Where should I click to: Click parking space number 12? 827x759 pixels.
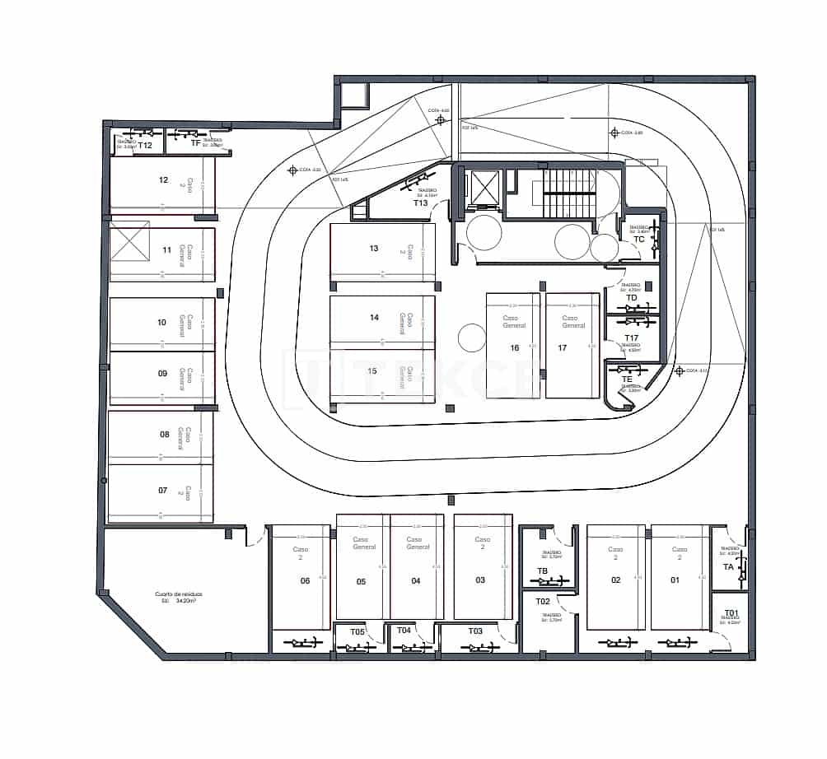(163, 179)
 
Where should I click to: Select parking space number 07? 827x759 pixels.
(163, 491)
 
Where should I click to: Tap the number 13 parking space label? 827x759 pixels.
(374, 249)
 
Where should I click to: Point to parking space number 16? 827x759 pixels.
(515, 348)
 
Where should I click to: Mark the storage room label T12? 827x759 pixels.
(145, 146)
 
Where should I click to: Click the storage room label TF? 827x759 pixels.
(195, 143)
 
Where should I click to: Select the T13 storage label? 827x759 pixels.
(421, 203)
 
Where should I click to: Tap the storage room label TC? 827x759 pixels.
(638, 240)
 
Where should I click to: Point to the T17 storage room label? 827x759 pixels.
(631, 338)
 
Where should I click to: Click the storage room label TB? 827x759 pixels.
(542, 570)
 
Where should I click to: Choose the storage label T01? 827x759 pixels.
(730, 612)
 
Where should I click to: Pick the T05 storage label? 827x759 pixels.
(357, 631)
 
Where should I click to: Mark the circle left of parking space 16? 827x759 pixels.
(472, 338)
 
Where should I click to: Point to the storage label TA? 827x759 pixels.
(728, 567)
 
